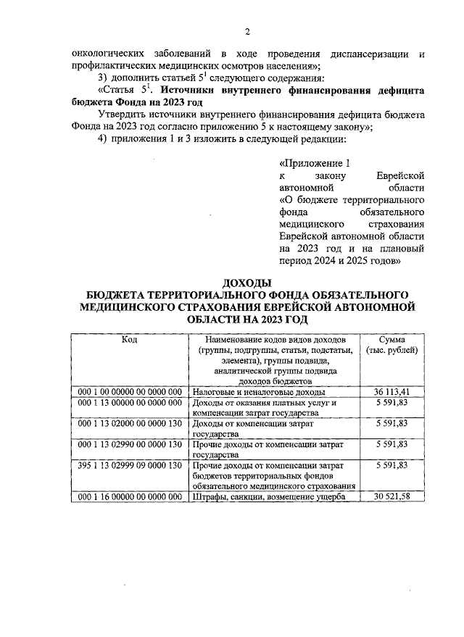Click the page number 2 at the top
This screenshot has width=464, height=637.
(x=247, y=31)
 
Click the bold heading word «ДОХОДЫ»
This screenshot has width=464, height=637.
(x=247, y=283)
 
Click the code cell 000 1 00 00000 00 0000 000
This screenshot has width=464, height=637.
(x=129, y=391)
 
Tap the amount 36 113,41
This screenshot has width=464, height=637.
(x=391, y=391)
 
